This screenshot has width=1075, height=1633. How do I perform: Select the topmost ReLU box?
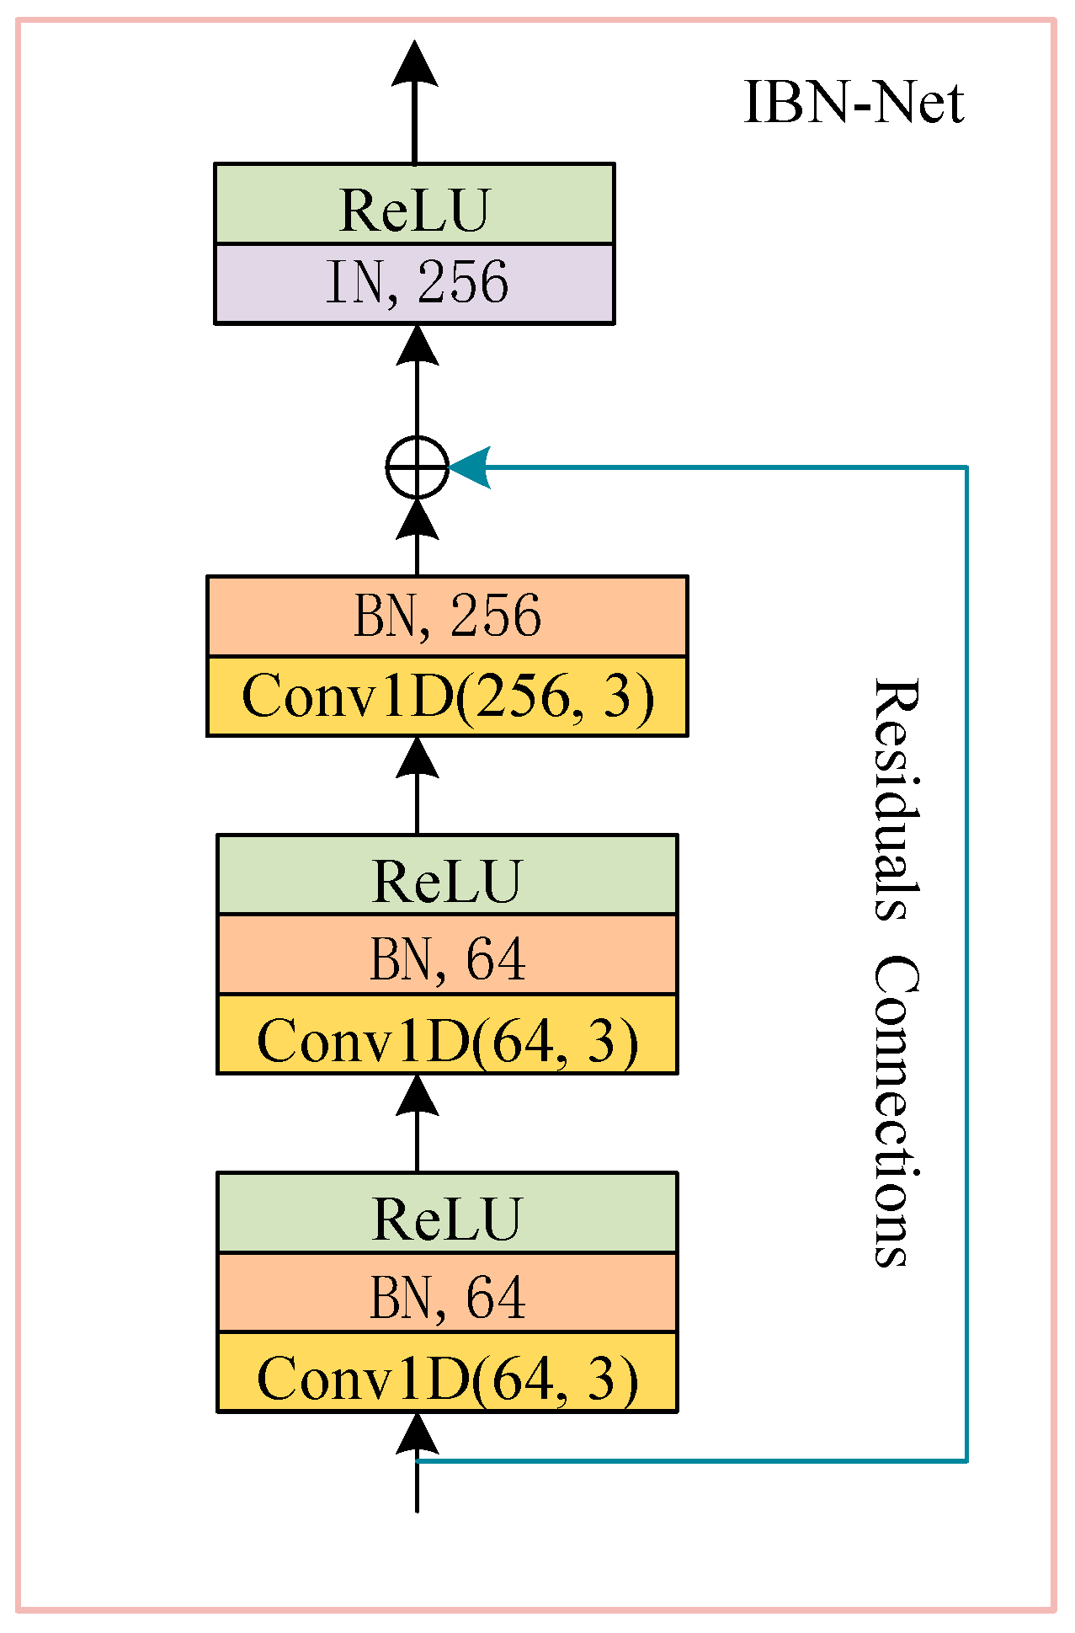pos(414,205)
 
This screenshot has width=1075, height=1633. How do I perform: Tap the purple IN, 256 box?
pos(414,284)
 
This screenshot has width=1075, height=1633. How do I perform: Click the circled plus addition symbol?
pos(417,467)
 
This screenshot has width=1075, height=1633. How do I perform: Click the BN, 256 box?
pos(447,616)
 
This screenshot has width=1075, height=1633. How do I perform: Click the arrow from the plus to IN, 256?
pos(417,379)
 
